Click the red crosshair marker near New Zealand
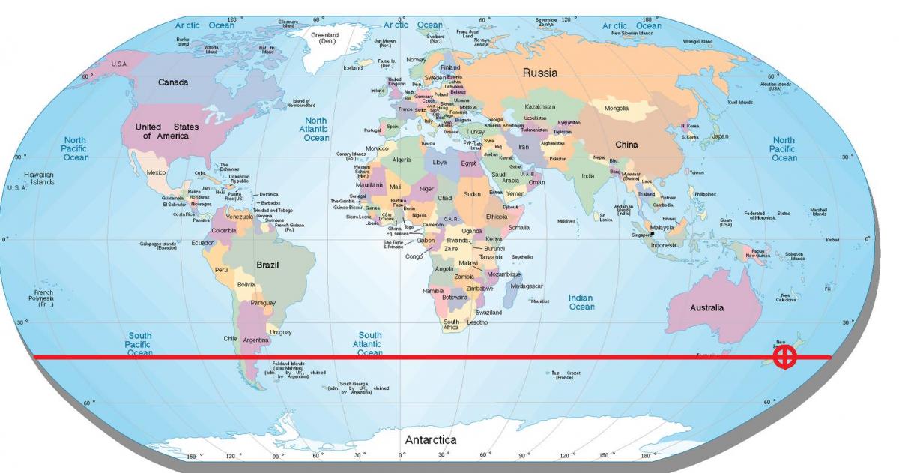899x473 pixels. pos(784,357)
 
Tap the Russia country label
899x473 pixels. pos(539,73)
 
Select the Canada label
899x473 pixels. pos(172,82)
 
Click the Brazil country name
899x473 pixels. pos(267,265)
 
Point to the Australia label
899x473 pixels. pos(706,307)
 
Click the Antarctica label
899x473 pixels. pos(431,440)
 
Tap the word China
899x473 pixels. pos(626,145)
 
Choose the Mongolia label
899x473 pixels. pos(616,109)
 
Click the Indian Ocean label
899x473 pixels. pos(581,302)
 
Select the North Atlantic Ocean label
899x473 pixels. pos(316,129)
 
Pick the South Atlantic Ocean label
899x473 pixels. pos(369,344)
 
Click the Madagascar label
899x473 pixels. pos(526,286)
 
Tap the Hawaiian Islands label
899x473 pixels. pos(39,178)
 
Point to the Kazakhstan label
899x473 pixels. pos(539,107)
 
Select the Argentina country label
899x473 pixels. pos(256,340)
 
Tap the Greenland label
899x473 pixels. pos(325,38)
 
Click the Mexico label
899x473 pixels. pos(156,172)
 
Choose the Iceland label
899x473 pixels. pos(352,68)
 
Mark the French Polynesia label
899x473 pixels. pos(40,298)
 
